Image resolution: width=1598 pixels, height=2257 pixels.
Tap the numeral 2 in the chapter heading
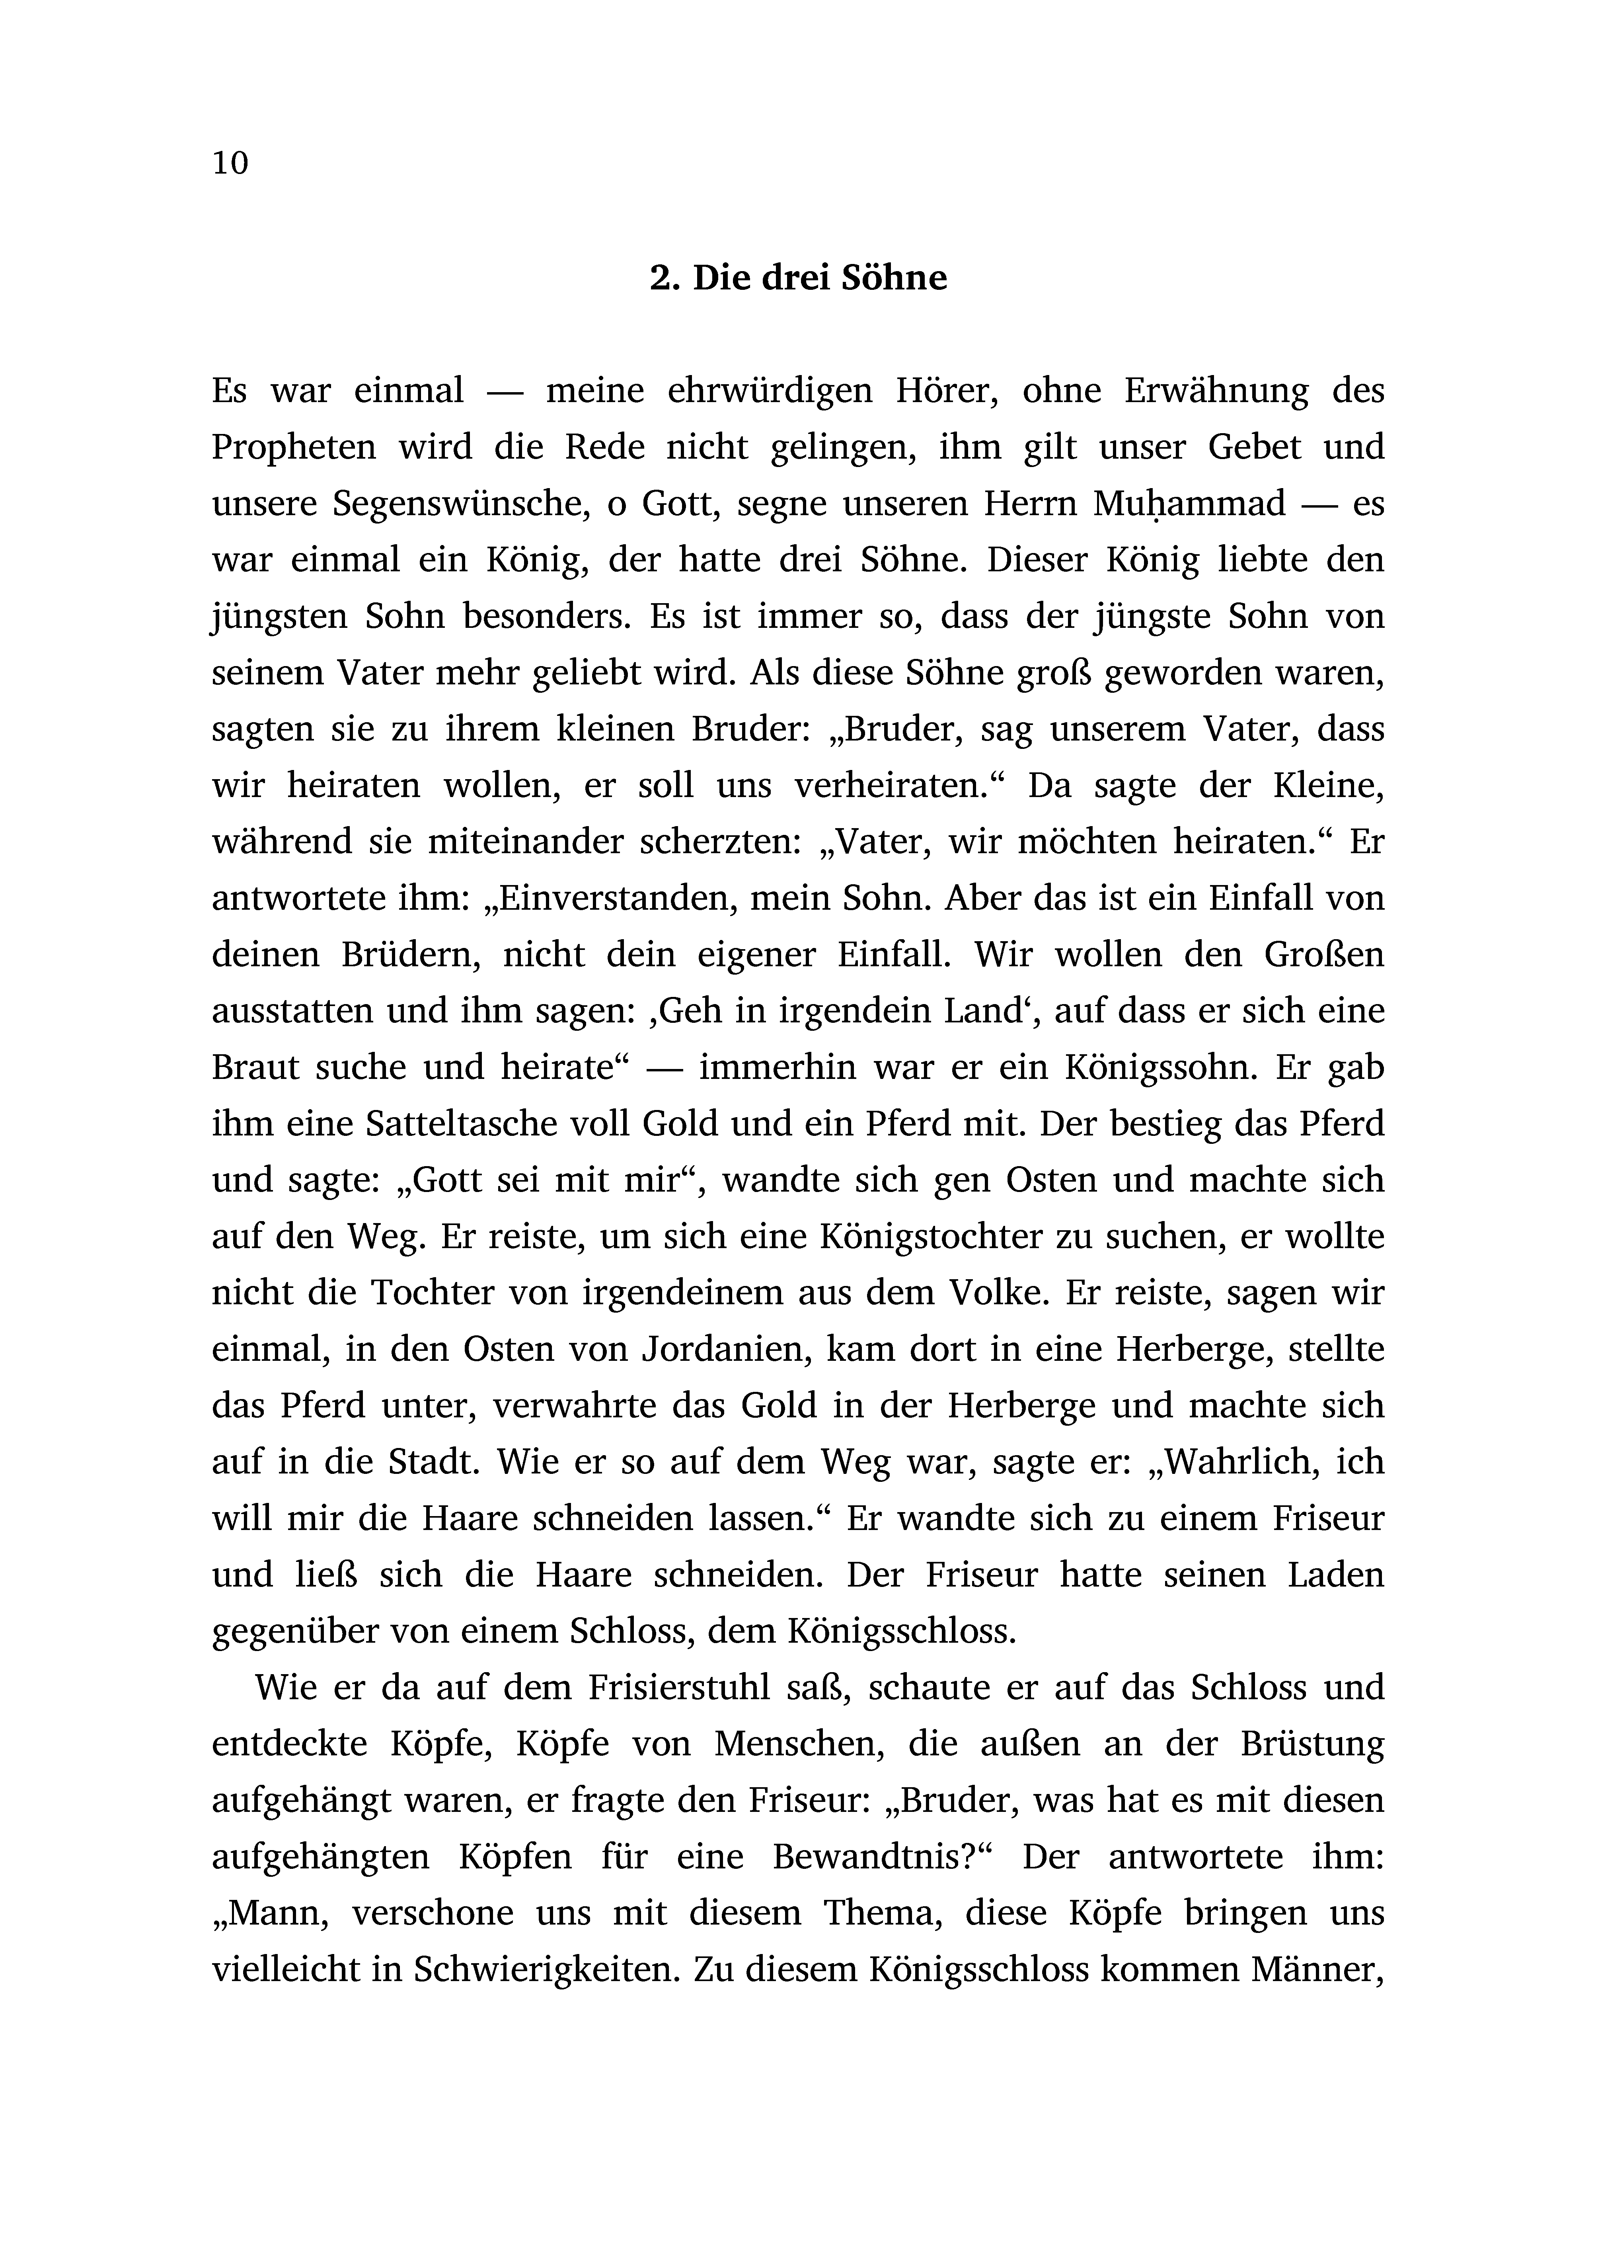click(x=659, y=279)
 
